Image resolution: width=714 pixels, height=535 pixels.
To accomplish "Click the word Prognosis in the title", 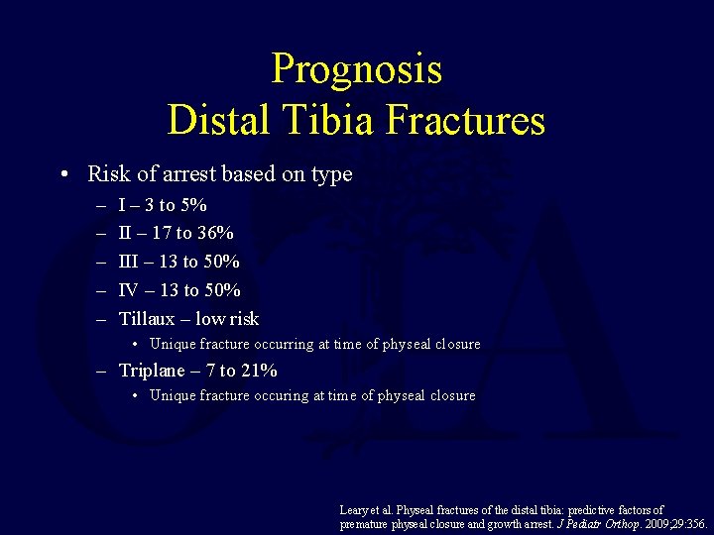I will click(x=356, y=69).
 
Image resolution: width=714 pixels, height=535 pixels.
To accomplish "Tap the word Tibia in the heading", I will click(x=327, y=120).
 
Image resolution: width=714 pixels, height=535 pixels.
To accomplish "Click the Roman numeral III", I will click(x=129, y=262).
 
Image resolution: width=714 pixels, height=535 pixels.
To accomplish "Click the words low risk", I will click(x=227, y=319).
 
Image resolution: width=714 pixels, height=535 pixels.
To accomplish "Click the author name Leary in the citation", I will click(x=354, y=510).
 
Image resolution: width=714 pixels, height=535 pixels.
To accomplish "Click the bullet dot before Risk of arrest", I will click(x=63, y=175).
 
